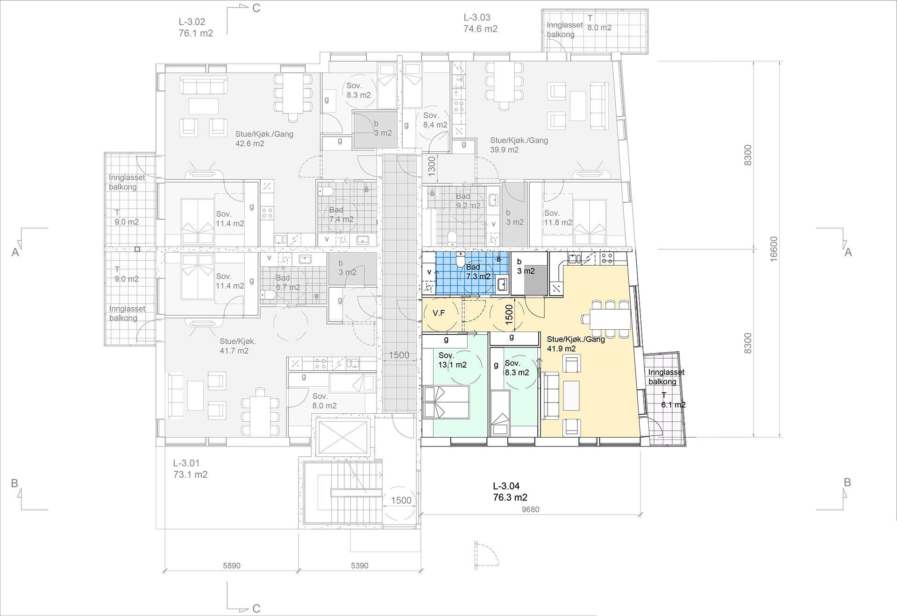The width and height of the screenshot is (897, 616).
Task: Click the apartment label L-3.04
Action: click(506, 486)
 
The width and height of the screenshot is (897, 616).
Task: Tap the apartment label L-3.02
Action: click(192, 21)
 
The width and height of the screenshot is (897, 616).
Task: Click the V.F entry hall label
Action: click(439, 313)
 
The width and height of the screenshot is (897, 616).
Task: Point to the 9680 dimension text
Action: click(530, 510)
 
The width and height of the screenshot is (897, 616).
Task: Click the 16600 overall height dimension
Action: click(774, 248)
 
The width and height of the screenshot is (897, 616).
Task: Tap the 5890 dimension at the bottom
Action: click(231, 566)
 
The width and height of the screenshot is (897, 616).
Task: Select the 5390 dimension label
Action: click(359, 566)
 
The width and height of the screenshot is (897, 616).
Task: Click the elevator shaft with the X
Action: click(342, 438)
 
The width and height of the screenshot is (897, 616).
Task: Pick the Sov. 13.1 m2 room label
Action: click(452, 360)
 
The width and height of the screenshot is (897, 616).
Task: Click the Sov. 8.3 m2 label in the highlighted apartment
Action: click(517, 368)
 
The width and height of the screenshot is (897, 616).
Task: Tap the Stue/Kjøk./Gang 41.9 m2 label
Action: click(576, 344)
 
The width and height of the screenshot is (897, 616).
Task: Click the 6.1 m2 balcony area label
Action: click(673, 405)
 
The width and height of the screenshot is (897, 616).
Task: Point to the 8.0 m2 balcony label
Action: click(599, 28)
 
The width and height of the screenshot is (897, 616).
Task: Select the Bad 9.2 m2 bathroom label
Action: click(468, 201)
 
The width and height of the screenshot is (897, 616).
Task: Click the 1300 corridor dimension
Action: click(432, 166)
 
